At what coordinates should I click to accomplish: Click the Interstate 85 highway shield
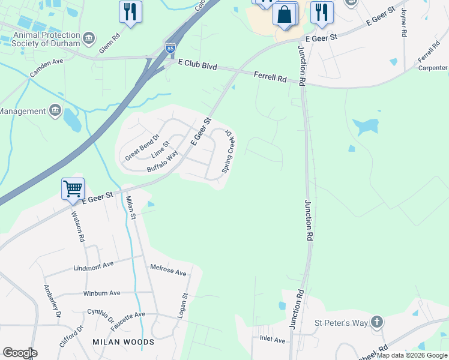(170, 47)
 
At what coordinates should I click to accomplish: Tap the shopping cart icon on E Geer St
(73, 188)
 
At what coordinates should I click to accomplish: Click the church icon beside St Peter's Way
(376, 323)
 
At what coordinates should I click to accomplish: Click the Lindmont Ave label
(93, 265)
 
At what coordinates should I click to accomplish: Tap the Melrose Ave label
(168, 271)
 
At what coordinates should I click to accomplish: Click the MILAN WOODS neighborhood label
(123, 342)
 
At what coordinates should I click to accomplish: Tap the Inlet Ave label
(273, 340)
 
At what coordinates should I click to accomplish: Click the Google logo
(20, 353)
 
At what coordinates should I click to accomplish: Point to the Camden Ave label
(47, 62)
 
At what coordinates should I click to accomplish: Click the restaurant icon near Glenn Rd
(130, 11)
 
